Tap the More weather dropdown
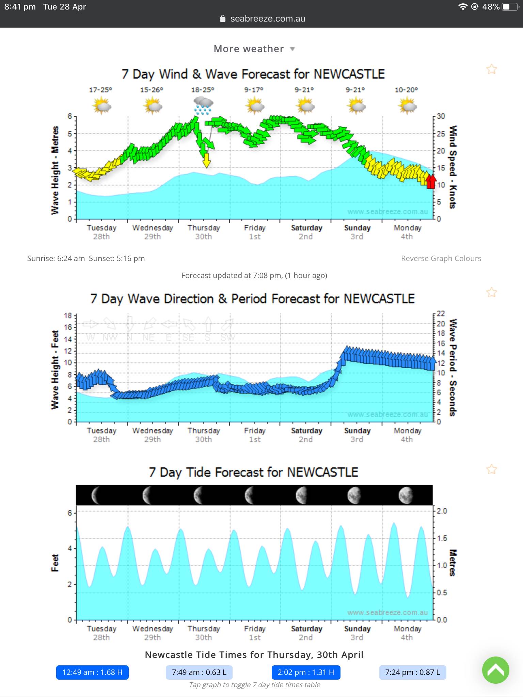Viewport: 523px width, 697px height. (254, 49)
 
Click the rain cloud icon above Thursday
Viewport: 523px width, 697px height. (203, 105)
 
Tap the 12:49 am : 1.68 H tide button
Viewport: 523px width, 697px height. (92, 672)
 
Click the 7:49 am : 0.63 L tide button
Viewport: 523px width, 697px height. (199, 672)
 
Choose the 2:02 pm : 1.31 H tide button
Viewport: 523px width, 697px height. (306, 672)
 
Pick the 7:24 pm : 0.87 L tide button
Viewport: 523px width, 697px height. (412, 672)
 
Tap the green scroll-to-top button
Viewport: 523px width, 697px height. (495, 670)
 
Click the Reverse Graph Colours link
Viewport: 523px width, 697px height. (441, 258)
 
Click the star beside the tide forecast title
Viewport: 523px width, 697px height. (491, 469)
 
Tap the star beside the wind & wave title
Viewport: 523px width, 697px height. (491, 69)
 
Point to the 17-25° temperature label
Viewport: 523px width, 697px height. (101, 90)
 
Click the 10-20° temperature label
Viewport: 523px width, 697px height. (406, 90)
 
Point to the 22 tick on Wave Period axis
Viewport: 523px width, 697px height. (441, 313)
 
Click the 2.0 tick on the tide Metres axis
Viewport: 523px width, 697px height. (442, 511)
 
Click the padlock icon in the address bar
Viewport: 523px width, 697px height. (223, 19)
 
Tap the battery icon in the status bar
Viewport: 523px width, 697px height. (510, 7)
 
